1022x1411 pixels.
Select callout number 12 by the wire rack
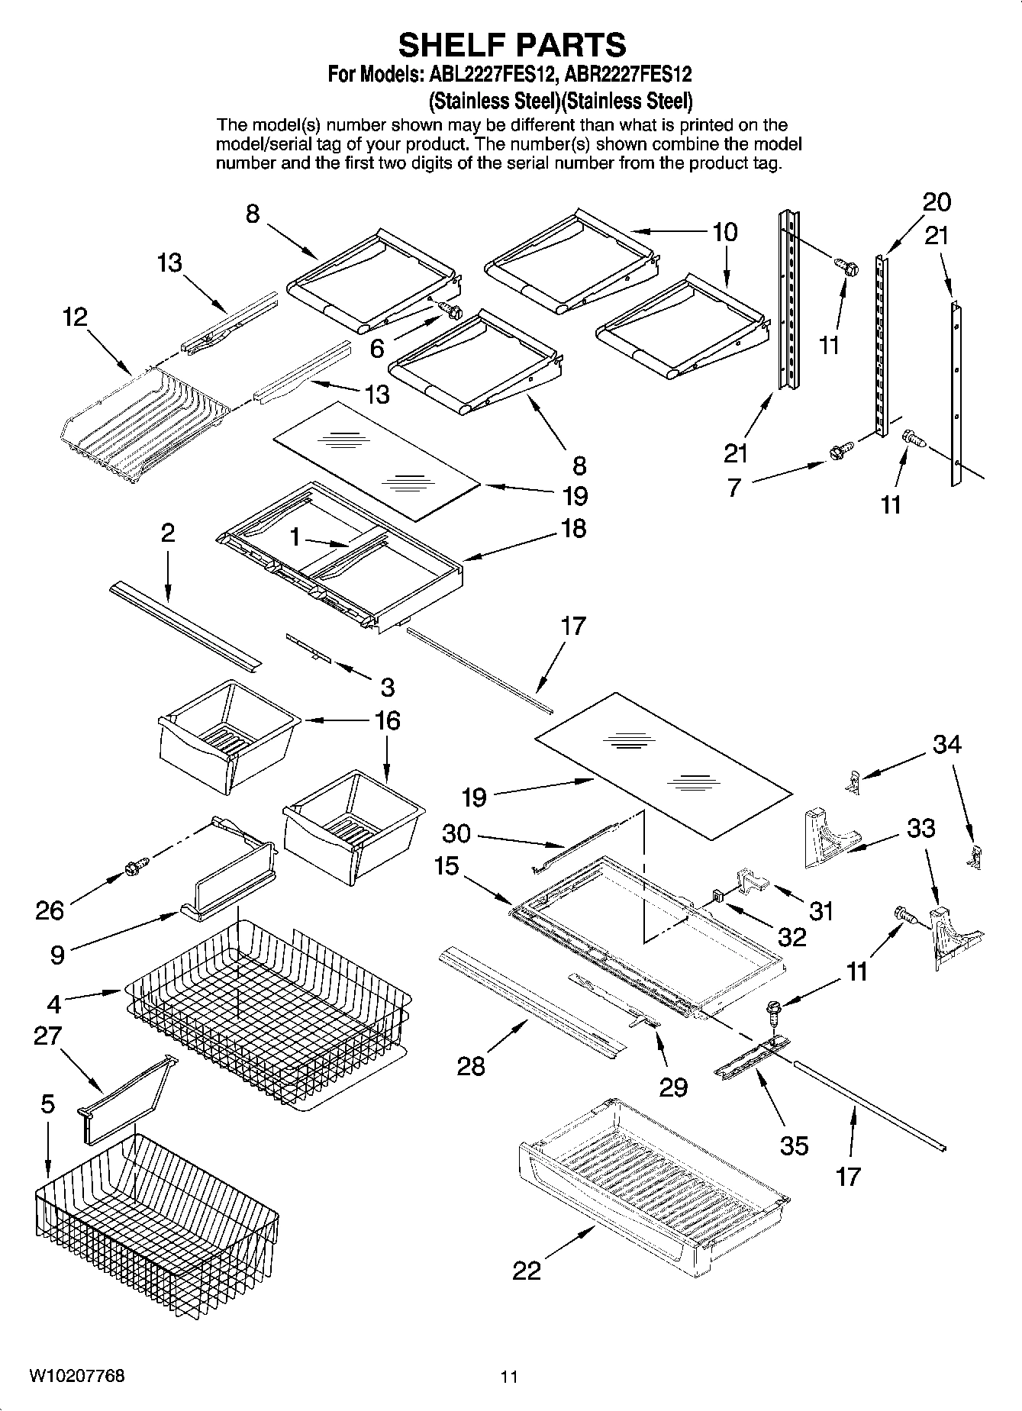(75, 317)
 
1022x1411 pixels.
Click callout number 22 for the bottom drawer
(527, 1270)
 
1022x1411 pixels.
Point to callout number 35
(794, 1145)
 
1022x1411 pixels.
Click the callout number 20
(937, 202)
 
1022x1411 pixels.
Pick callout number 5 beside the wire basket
(47, 1104)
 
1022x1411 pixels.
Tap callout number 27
(47, 1036)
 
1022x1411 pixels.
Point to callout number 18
(573, 527)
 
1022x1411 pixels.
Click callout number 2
(167, 533)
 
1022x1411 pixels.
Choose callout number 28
(471, 1065)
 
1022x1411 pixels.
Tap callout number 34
(946, 743)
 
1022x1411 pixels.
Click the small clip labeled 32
(717, 894)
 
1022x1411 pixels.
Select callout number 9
(57, 955)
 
